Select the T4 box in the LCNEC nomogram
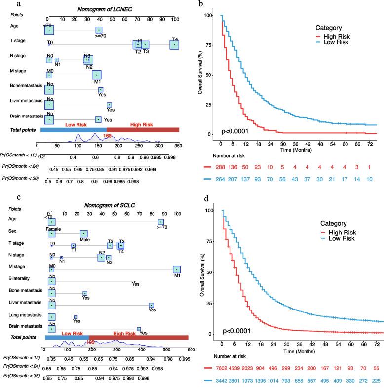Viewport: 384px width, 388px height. coord(174,45)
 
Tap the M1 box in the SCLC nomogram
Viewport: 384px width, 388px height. coord(177,270)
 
